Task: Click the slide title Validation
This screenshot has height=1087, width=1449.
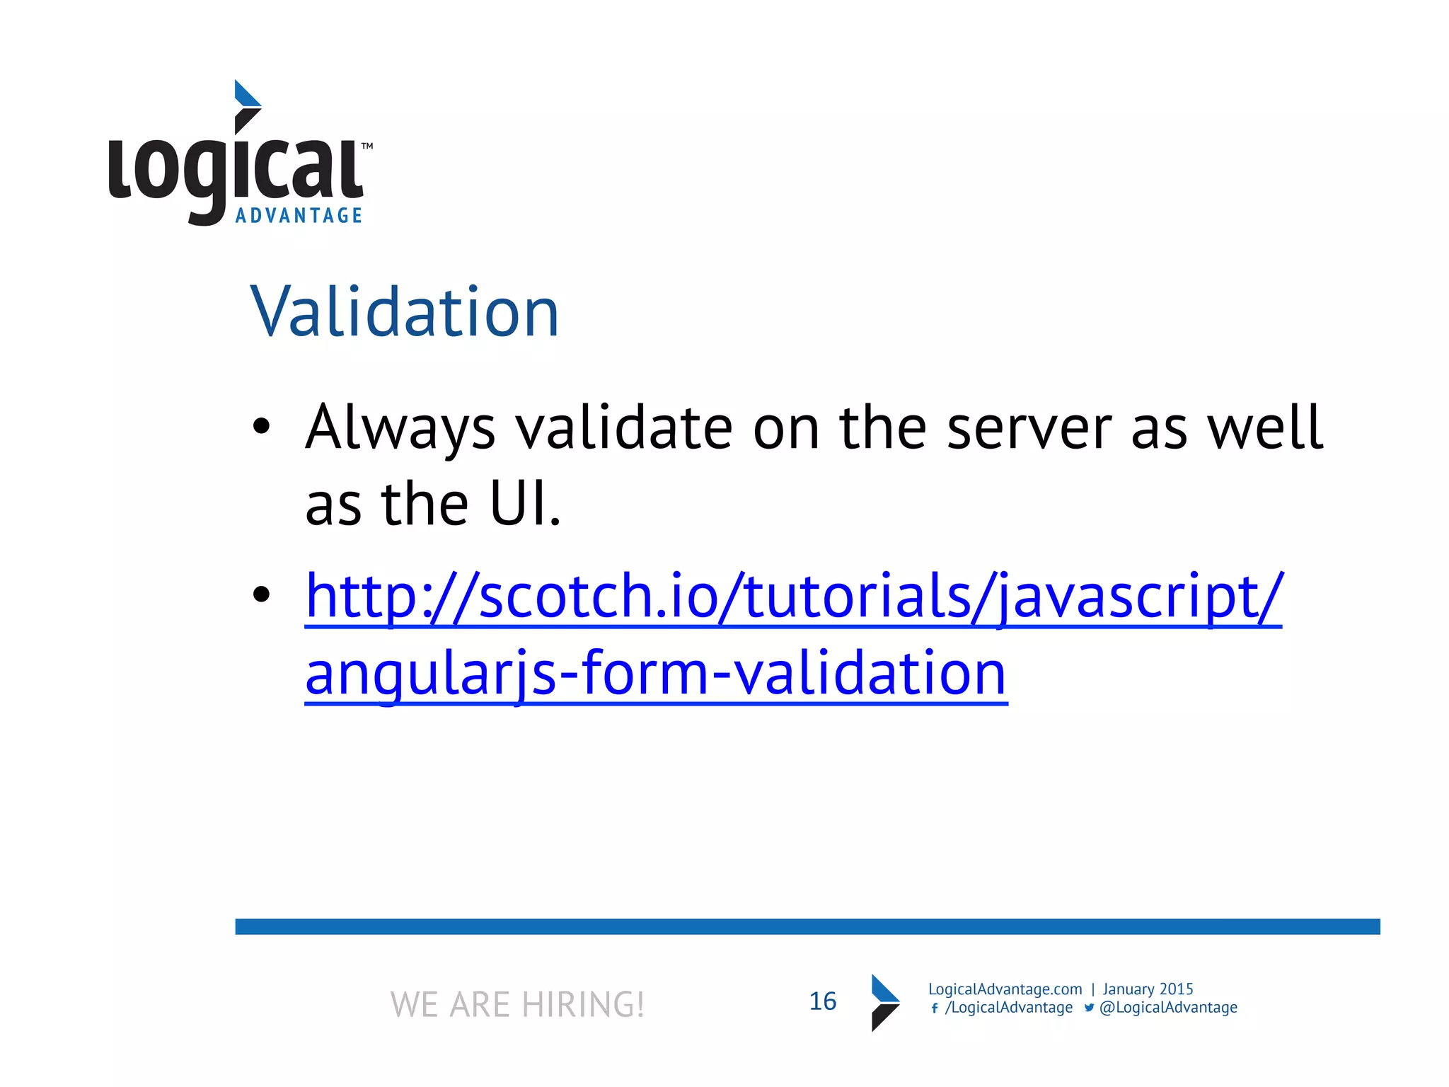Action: [405, 312]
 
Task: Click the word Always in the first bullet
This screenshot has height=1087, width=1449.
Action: [400, 428]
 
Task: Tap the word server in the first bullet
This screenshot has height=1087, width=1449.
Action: [1029, 428]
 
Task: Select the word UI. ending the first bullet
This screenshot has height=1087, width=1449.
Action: [525, 504]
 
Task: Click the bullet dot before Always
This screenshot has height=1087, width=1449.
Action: [262, 426]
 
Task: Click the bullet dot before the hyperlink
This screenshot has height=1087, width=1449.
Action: [262, 594]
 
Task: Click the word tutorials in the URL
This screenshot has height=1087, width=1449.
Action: [858, 596]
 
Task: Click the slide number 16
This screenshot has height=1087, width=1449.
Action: [822, 1001]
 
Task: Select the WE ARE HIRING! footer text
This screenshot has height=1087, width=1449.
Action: [517, 1004]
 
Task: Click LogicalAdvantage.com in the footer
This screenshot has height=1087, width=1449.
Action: [1005, 989]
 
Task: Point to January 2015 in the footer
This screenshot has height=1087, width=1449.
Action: [1148, 989]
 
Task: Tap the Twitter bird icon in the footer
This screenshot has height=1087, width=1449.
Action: [1089, 1008]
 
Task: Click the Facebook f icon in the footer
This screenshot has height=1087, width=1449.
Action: [935, 1008]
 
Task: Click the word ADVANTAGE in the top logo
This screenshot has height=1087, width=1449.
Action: [299, 216]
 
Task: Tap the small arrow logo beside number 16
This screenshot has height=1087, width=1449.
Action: [884, 1003]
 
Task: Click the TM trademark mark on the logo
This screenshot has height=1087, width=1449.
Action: [367, 146]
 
